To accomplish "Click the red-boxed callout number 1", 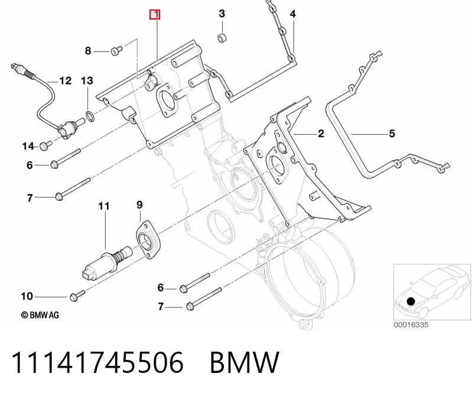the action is point(155,14).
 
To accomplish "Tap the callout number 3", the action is point(222,14).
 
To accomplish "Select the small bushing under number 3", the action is point(222,38).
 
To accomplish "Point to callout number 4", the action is point(293,14).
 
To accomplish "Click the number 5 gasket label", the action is point(392,134).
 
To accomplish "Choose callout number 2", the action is point(321,134).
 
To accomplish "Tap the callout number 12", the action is point(66,81).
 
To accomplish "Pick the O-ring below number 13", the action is point(90,116).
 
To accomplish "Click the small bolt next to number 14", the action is point(45,145).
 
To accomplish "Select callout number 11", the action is point(104,206).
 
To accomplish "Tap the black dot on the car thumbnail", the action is point(411,301).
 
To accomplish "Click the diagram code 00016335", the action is point(411,324).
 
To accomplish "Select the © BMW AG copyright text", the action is point(40,315).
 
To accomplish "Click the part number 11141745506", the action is point(97,362).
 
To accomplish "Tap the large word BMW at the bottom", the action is point(245,362).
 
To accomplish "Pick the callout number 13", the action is point(87,81).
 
